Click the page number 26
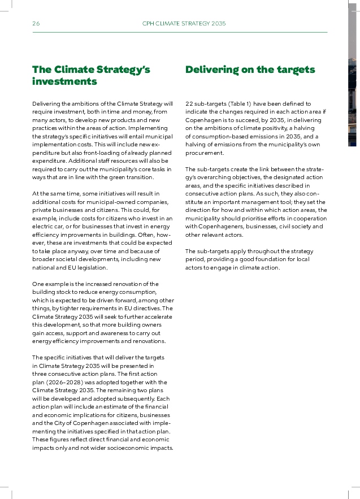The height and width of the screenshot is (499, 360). (x=36, y=24)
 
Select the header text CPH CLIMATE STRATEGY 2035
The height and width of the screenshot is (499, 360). (x=184, y=24)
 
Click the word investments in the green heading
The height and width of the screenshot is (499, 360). (x=64, y=82)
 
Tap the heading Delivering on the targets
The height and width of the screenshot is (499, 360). (x=250, y=70)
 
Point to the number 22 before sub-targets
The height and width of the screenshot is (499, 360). (x=189, y=104)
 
